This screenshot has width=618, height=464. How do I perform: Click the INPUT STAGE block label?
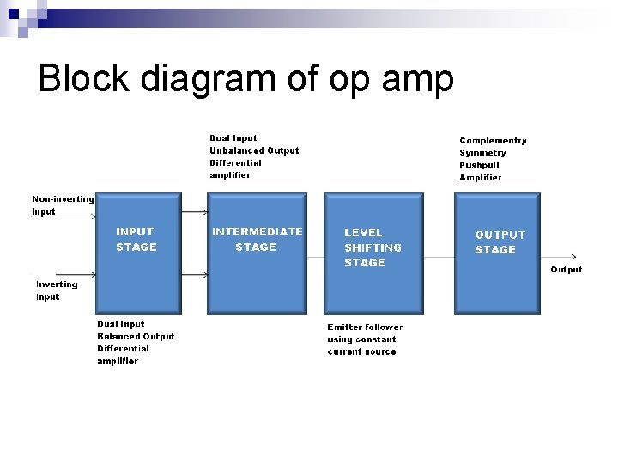pos(136,240)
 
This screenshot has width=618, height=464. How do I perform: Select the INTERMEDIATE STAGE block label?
pos(257,239)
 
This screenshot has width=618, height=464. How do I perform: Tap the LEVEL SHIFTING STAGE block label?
pos(373,247)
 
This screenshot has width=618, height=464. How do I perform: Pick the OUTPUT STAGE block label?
pos(500,241)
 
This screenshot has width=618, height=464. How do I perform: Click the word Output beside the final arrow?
pos(566,270)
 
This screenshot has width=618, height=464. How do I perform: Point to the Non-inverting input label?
pos(63,205)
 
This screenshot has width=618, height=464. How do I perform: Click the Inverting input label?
pos(56,290)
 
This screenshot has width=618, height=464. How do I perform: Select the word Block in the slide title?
pos(82,79)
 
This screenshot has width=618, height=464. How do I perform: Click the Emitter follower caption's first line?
pos(364,327)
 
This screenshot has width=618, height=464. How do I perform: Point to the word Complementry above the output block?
pos(493,141)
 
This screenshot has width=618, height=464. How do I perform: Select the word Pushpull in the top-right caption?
pos(479,165)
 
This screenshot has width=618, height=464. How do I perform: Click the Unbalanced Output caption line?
pos(254,150)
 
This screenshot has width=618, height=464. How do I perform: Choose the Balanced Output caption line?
pos(136,337)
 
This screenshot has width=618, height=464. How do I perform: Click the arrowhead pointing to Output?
pos(573,256)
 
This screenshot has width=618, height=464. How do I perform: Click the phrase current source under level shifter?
pos(361,351)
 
